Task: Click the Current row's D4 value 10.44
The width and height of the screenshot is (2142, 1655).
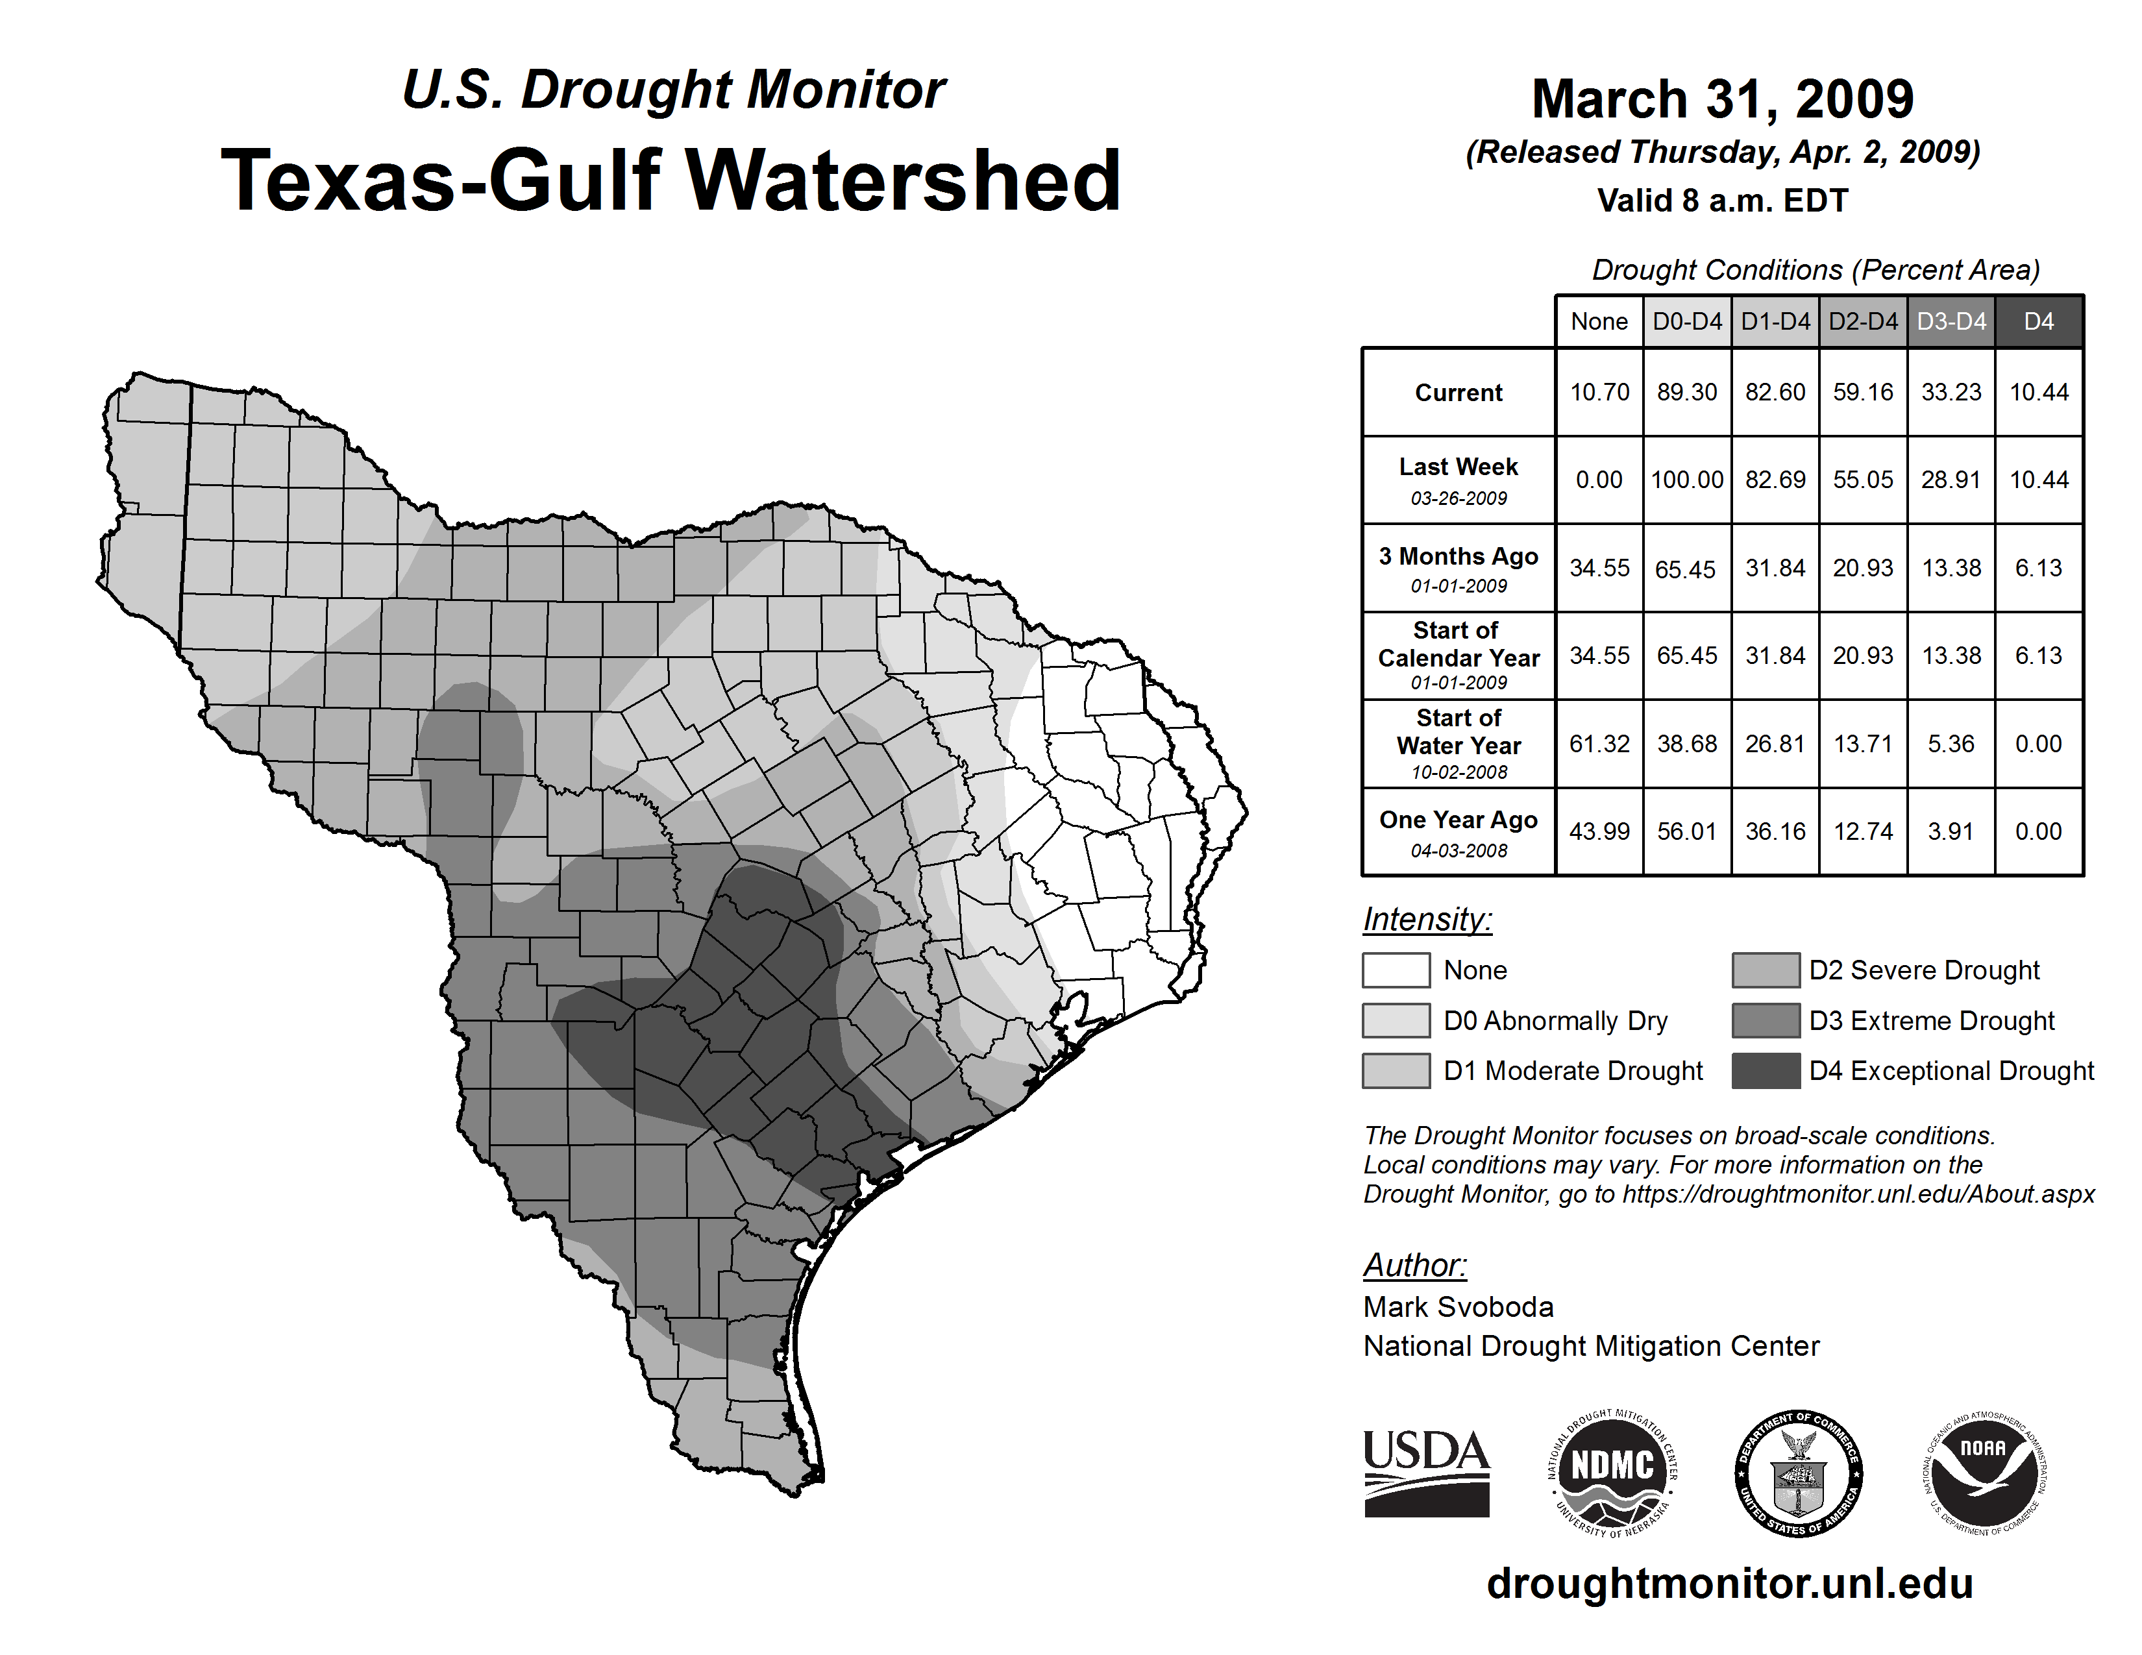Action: tap(2038, 392)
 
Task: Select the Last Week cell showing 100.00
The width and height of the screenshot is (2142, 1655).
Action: tap(1687, 480)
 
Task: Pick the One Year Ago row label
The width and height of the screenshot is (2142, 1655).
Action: tap(1459, 831)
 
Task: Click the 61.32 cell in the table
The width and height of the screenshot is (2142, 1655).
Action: tap(1599, 744)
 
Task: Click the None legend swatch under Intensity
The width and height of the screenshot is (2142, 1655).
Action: tap(1396, 970)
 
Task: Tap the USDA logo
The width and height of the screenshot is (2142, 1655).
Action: tap(1426, 1473)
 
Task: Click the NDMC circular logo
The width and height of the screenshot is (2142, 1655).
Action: tap(1612, 1473)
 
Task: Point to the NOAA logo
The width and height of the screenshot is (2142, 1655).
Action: tap(1984, 1473)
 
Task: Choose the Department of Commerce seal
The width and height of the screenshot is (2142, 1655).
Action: tap(1799, 1473)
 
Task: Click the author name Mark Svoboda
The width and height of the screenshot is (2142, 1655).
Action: tap(1459, 1307)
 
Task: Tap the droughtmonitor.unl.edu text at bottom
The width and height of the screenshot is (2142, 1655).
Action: tap(1730, 1584)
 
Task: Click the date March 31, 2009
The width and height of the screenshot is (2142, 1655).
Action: tap(1722, 99)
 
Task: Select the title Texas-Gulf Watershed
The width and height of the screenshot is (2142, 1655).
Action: tap(671, 180)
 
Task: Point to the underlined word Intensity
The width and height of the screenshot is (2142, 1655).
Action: tap(1427, 920)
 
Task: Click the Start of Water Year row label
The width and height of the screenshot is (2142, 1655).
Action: tap(1459, 744)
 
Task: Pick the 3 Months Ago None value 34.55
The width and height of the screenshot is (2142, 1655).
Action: tap(1599, 568)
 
